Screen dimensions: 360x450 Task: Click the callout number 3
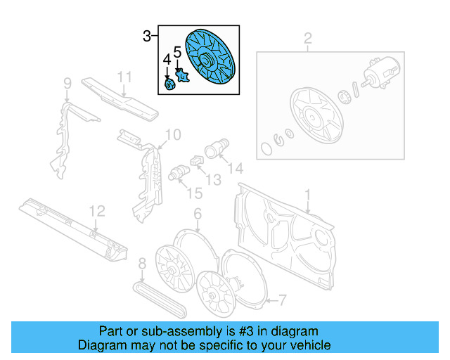pyautogui.click(x=146, y=36)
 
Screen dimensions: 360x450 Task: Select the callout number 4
pyautogui.click(x=167, y=58)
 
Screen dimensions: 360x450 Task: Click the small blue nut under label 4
pyautogui.click(x=169, y=85)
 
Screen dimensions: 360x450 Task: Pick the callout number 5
pyautogui.click(x=178, y=51)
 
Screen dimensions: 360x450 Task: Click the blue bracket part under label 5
pyautogui.click(x=183, y=75)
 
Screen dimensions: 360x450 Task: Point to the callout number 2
pyautogui.click(x=307, y=38)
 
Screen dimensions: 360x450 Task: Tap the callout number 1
pyautogui.click(x=307, y=193)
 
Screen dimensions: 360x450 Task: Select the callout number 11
pyautogui.click(x=124, y=77)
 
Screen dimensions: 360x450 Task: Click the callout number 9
pyautogui.click(x=67, y=85)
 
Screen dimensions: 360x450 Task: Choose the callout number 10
pyautogui.click(x=172, y=134)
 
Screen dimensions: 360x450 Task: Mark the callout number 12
pyautogui.click(x=96, y=211)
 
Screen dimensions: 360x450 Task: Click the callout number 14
pyautogui.click(x=235, y=168)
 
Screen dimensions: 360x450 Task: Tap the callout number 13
pyautogui.click(x=213, y=180)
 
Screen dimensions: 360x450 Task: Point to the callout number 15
pyautogui.click(x=189, y=193)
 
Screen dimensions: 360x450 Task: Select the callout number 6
pyautogui.click(x=198, y=214)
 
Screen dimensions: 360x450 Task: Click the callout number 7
pyautogui.click(x=281, y=301)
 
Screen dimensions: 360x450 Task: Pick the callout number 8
pyautogui.click(x=142, y=264)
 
